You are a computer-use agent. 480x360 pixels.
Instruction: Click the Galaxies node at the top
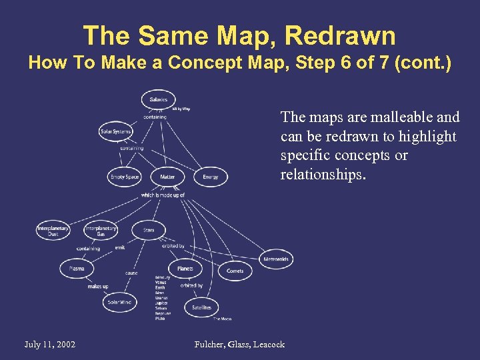point(159,99)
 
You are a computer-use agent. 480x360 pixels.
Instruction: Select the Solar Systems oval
point(115,131)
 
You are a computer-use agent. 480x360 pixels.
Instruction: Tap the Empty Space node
point(125,177)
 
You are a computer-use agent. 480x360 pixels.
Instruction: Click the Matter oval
point(167,177)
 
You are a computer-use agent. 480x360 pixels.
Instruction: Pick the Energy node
point(210,177)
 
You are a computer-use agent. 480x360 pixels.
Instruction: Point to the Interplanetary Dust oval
point(53,231)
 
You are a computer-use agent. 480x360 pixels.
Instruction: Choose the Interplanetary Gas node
point(101,231)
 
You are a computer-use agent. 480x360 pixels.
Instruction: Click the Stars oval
point(149,230)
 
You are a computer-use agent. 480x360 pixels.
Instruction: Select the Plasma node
point(77,268)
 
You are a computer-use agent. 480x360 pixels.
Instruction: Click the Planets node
point(185,269)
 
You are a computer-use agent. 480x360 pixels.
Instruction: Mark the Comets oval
point(235,271)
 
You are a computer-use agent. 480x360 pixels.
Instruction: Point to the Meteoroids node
point(276,259)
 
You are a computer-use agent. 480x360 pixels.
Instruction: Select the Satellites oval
point(201,307)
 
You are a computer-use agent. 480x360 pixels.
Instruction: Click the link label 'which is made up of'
point(162,195)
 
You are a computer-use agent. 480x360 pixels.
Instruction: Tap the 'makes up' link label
point(97,287)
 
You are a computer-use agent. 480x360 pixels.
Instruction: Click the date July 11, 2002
point(49,344)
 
